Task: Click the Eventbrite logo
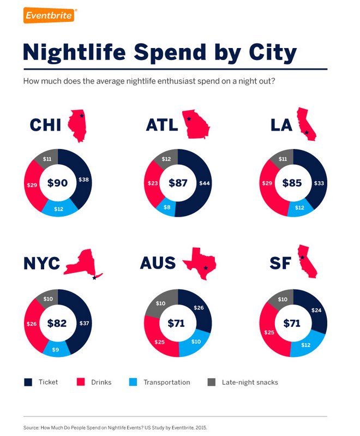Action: pos(49,15)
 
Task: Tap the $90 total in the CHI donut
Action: pos(57,183)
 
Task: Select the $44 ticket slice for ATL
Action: pos(203,183)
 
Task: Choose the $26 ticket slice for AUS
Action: pos(199,308)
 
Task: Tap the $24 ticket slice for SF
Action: pos(315,310)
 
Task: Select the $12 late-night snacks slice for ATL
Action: pos(166,159)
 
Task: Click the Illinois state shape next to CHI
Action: pos(77,125)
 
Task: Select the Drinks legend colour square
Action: pos(80,382)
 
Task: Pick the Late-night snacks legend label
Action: pos(250,383)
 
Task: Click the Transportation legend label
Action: pos(166,383)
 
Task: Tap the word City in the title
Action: pos(266,53)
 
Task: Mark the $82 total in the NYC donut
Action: pos(56,324)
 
